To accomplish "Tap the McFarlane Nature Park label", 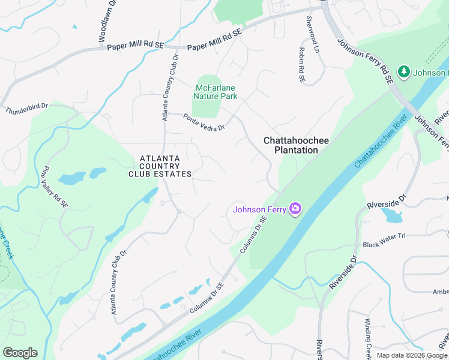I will pyautogui.click(x=215, y=92).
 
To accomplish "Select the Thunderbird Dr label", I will pyautogui.click(x=26, y=111).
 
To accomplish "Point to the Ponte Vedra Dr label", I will pyautogui.click(x=204, y=122).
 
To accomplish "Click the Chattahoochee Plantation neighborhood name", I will pyautogui.click(x=296, y=145).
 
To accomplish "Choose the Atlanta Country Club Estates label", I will pyautogui.click(x=160, y=166).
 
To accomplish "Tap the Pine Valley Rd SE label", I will pyautogui.click(x=55, y=188).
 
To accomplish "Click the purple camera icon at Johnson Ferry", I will pyautogui.click(x=295, y=209).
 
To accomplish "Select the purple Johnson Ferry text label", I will pyautogui.click(x=259, y=209).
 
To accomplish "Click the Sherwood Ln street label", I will pyautogui.click(x=310, y=28).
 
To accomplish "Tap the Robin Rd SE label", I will pyautogui.click(x=302, y=65).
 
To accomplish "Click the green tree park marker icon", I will pyautogui.click(x=404, y=72).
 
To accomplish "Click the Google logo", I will pyautogui.click(x=20, y=353).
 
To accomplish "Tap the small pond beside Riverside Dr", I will pyautogui.click(x=391, y=215).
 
